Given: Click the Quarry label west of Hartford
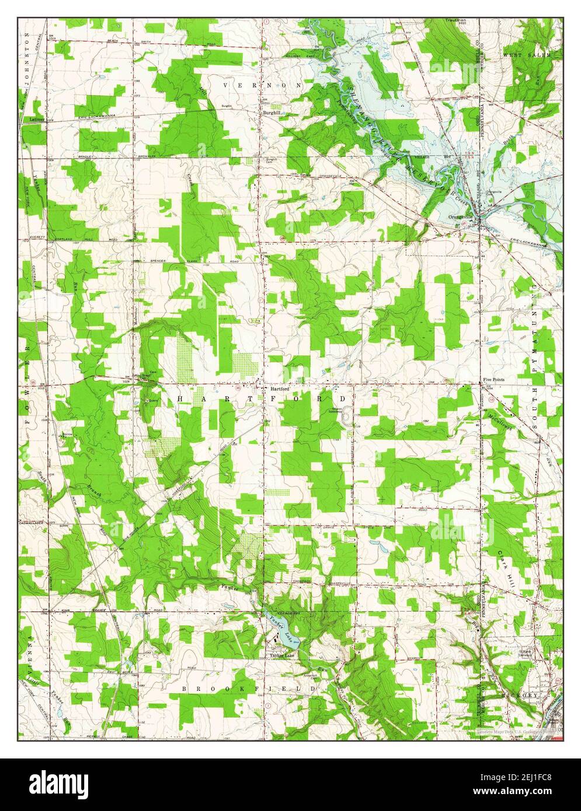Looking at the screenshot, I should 154,400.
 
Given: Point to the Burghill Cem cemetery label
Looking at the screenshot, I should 271,160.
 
